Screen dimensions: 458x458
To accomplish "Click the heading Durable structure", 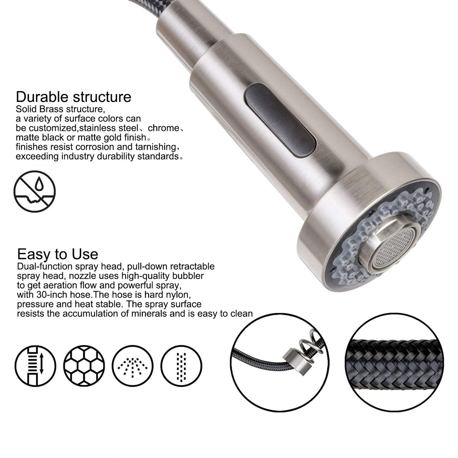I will [73, 97].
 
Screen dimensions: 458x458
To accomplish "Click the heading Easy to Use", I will [57, 254].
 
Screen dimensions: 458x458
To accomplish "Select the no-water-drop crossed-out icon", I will [35, 191].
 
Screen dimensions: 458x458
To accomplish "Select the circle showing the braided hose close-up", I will [397, 361].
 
